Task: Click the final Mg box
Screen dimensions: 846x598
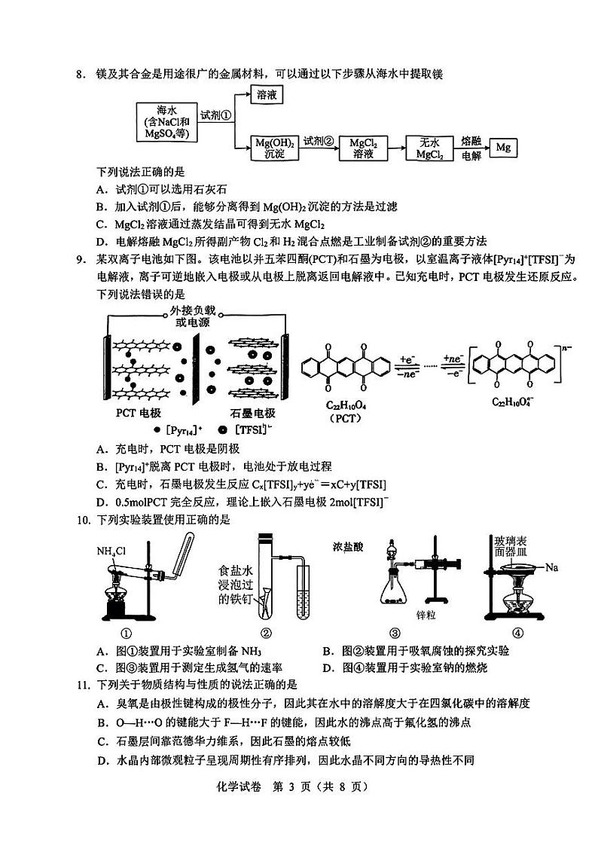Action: pyautogui.click(x=503, y=148)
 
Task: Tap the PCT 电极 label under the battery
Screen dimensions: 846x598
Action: pyautogui.click(x=139, y=414)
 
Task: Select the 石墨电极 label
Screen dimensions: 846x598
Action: pyautogui.click(x=252, y=414)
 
